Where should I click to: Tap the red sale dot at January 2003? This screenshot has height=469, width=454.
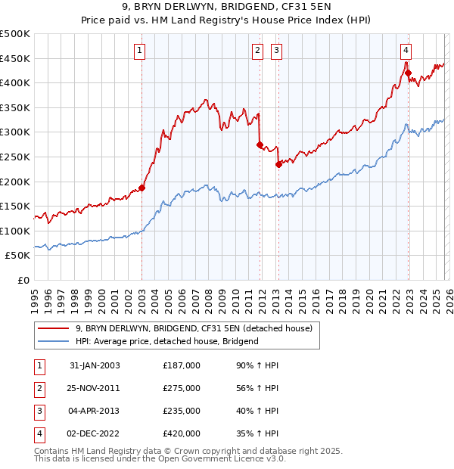click(x=141, y=188)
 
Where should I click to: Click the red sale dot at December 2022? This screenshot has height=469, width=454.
click(x=408, y=73)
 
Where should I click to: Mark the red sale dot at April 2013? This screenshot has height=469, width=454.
click(x=278, y=164)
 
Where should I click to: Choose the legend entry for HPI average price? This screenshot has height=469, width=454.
click(x=167, y=341)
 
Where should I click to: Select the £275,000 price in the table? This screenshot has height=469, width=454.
click(x=182, y=388)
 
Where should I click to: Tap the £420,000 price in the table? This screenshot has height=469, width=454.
click(x=182, y=433)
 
